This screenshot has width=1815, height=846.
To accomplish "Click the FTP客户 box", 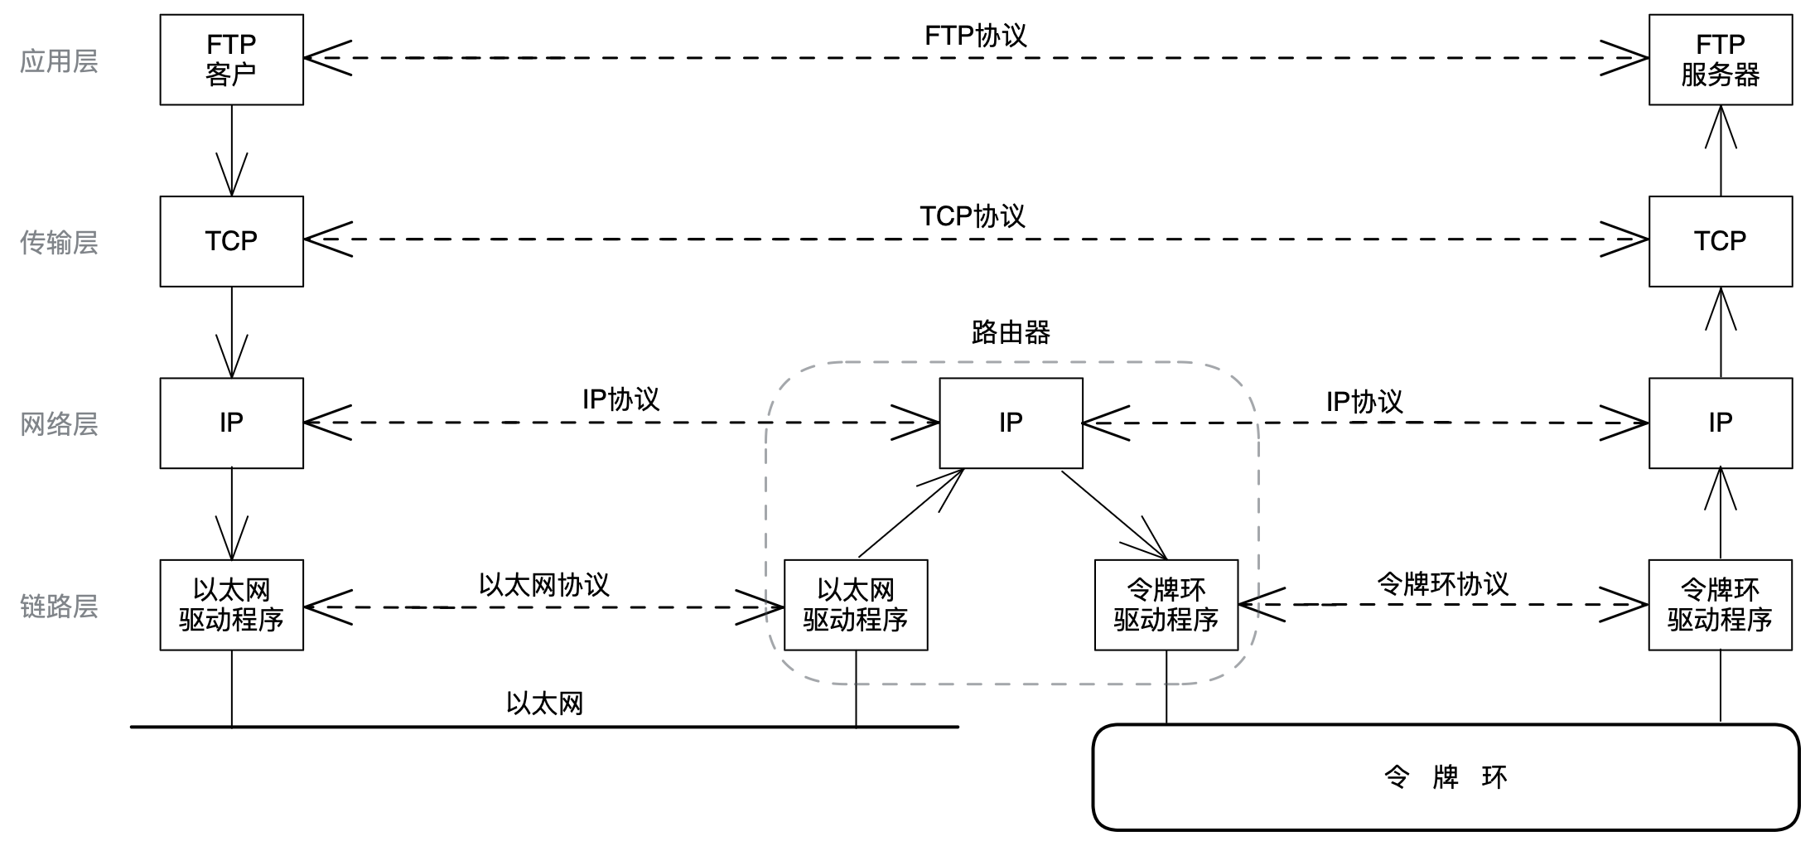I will point(231,60).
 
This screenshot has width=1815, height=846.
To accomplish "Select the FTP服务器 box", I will point(1720,60).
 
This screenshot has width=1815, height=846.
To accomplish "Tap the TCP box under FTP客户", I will point(231,241).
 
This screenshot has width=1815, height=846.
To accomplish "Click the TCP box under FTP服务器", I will point(1720,241).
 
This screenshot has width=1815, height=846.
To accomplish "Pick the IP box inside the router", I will point(1011,423).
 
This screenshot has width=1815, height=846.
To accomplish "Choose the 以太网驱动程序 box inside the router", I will point(856,605).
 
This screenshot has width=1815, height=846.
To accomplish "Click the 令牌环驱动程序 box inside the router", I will point(1166,605).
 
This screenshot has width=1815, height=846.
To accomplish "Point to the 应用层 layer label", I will point(59,60).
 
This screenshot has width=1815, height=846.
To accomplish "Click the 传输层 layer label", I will point(59,242).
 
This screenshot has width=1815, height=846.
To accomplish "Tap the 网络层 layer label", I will point(59,424).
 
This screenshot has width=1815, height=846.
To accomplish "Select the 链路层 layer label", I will point(59,607).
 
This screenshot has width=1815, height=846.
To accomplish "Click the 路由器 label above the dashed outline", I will point(1011,332).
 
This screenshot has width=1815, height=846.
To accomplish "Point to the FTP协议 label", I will point(975,36).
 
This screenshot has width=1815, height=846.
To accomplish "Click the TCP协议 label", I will point(973,216).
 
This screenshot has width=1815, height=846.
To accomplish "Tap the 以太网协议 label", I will point(544,584).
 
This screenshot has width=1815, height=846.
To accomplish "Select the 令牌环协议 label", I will point(1442,583).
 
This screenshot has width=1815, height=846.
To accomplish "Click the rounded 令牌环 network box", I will point(1446,777).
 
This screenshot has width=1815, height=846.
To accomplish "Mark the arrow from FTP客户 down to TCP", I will point(231,150).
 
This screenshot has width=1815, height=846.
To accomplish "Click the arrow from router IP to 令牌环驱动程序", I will point(1113,514).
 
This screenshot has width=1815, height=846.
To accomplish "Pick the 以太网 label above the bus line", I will point(544,703).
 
